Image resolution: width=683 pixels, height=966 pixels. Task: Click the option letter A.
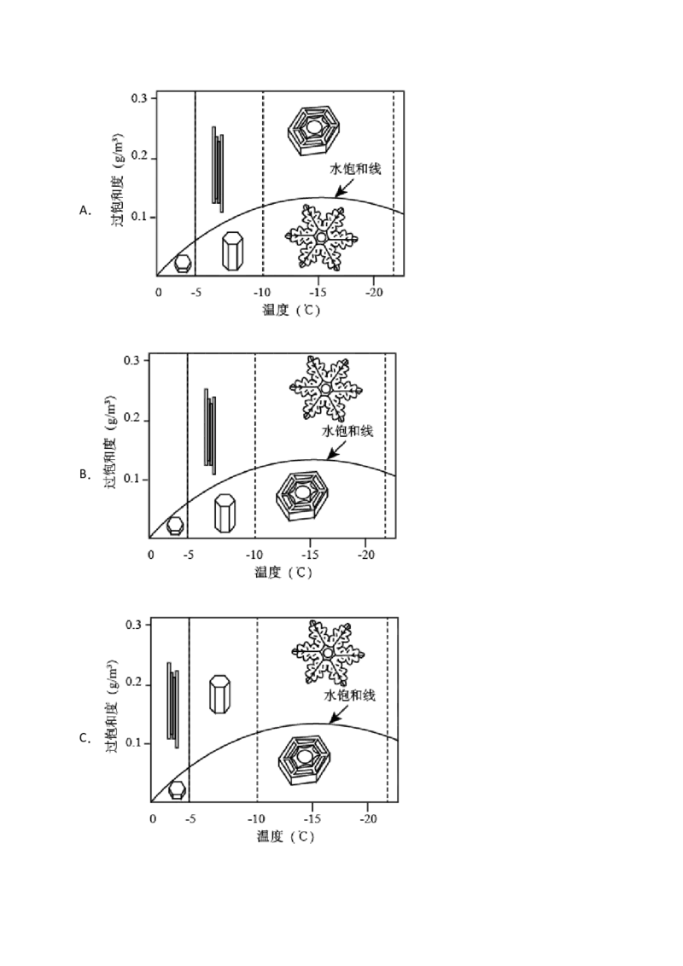[85, 211]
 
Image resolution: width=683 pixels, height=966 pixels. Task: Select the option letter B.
[85, 474]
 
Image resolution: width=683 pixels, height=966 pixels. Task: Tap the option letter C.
[85, 738]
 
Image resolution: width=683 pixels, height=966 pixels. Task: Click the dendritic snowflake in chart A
[321, 238]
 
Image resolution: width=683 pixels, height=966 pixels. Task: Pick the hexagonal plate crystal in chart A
[314, 130]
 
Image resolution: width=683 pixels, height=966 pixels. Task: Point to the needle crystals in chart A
[219, 169]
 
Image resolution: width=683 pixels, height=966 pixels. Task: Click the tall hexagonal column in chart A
[232, 251]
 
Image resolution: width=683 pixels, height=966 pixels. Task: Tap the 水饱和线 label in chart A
[355, 169]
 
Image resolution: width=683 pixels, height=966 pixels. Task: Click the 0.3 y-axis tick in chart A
[139, 99]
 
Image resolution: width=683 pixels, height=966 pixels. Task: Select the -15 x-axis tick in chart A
[318, 292]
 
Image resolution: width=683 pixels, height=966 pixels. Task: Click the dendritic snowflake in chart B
[325, 389]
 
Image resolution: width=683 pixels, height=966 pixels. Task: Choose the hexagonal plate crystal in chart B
[302, 497]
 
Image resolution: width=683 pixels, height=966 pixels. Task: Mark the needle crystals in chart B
[210, 431]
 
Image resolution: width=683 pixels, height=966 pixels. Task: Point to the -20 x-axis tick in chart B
[366, 555]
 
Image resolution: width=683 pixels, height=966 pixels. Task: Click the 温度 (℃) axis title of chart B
[283, 573]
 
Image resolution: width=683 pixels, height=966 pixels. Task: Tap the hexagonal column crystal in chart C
[220, 695]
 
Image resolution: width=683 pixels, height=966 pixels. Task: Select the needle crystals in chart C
[173, 706]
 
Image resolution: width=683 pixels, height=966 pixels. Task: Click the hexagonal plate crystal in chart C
[304, 760]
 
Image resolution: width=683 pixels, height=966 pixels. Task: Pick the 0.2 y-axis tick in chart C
[134, 683]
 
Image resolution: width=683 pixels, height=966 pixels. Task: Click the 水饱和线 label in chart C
[349, 695]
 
